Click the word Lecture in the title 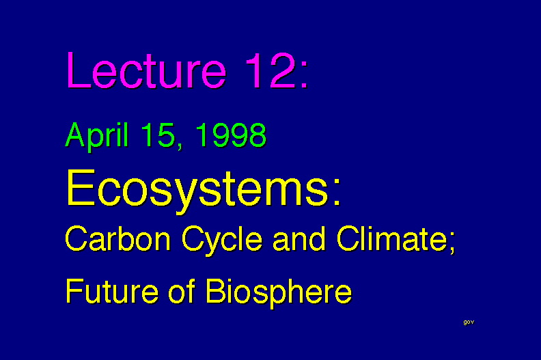(147, 70)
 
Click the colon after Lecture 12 (304, 75)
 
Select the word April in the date (97, 136)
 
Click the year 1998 (231, 135)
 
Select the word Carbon (118, 238)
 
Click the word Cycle (222, 240)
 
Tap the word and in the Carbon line (299, 238)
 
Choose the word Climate (392, 238)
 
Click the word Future (112, 291)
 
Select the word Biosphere (279, 292)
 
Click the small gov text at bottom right (469, 322)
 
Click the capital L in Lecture (79, 70)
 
